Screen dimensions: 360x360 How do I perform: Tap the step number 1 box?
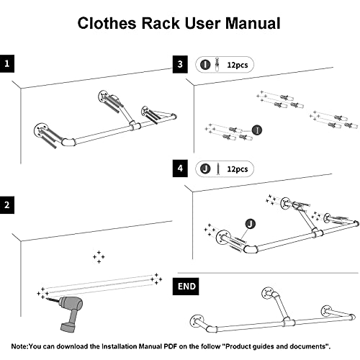point(8,64)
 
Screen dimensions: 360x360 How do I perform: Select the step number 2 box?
point(8,206)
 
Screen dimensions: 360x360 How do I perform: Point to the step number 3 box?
point(181,64)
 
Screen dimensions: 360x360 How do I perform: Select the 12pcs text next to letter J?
point(236,169)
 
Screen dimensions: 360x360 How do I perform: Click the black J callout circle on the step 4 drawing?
point(249,225)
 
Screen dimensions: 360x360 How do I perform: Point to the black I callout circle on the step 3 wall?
point(257,130)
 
